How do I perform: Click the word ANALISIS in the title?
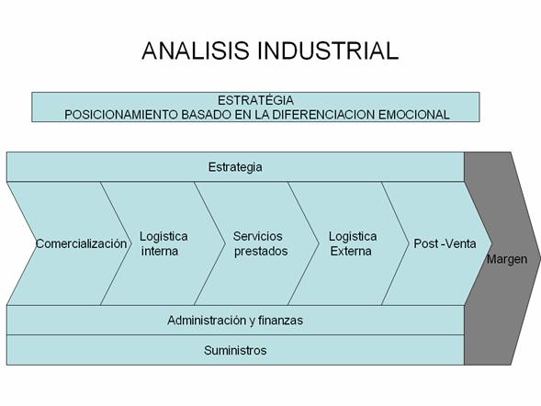click(x=196, y=51)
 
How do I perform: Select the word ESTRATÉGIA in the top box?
click(x=255, y=100)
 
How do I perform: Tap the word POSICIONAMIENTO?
click(x=121, y=115)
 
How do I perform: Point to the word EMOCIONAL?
click(x=414, y=115)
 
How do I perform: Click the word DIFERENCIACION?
click(x=324, y=115)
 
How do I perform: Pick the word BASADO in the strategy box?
click(x=207, y=115)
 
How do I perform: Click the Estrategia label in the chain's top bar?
click(x=235, y=167)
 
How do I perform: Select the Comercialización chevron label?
click(x=82, y=243)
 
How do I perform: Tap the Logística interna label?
click(x=163, y=243)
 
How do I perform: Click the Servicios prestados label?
click(x=261, y=243)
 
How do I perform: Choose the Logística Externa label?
click(x=353, y=243)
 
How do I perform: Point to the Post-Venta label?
click(x=445, y=243)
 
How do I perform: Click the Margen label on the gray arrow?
click(x=507, y=259)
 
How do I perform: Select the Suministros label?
click(x=235, y=351)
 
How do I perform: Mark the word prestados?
click(x=261, y=252)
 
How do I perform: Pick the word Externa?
click(x=351, y=251)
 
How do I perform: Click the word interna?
click(x=160, y=251)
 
